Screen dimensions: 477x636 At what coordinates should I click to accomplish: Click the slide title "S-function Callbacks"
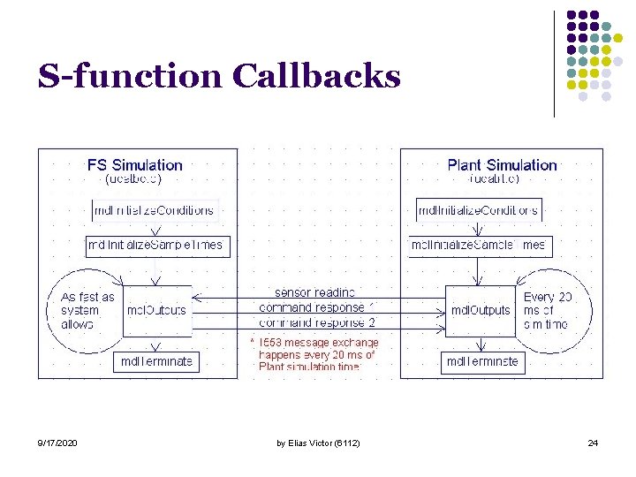pyautogui.click(x=218, y=77)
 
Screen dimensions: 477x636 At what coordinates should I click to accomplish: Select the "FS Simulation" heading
pyautogui.click(x=134, y=165)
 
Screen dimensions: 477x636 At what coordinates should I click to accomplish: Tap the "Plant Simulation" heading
pyautogui.click(x=502, y=165)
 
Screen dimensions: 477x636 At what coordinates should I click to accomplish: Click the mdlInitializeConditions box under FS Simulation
pyautogui.click(x=154, y=210)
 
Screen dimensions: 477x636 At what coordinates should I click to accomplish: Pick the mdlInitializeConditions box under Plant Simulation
pyautogui.click(x=478, y=210)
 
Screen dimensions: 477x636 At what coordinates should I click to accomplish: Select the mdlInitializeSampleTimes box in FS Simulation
pyautogui.click(x=157, y=245)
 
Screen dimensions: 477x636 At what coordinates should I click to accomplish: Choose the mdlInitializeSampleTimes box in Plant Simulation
pyautogui.click(x=478, y=245)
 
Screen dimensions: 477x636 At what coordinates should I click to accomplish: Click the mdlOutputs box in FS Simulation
pyautogui.click(x=156, y=310)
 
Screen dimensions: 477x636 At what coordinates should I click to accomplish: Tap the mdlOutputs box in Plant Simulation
pyautogui.click(x=481, y=310)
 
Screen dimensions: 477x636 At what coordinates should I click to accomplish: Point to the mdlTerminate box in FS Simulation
pyautogui.click(x=155, y=361)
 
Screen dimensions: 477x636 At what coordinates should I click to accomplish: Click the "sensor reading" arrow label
pyautogui.click(x=315, y=292)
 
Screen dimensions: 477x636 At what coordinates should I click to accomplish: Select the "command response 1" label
pyautogui.click(x=317, y=307)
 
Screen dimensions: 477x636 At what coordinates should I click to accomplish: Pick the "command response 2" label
pyautogui.click(x=317, y=323)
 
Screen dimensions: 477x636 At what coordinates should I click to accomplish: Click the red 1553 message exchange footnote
pyautogui.click(x=315, y=354)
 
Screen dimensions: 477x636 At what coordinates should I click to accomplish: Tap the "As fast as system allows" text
pyautogui.click(x=87, y=310)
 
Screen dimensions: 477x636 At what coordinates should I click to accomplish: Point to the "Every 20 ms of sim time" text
pyautogui.click(x=548, y=310)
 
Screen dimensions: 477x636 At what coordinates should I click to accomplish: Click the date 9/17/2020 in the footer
pyautogui.click(x=57, y=443)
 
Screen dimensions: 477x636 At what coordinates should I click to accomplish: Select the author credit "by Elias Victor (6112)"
pyautogui.click(x=317, y=443)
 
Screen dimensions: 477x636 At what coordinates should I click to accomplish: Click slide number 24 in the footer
pyautogui.click(x=592, y=443)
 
